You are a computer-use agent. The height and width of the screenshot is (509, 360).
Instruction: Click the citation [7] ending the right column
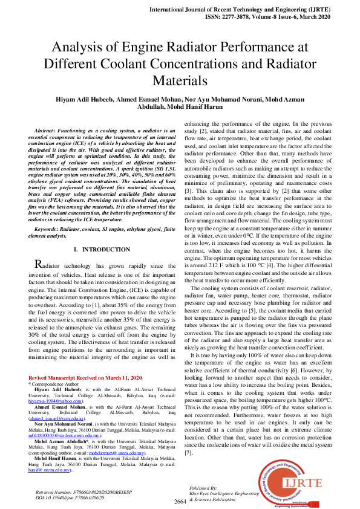[188, 435]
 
